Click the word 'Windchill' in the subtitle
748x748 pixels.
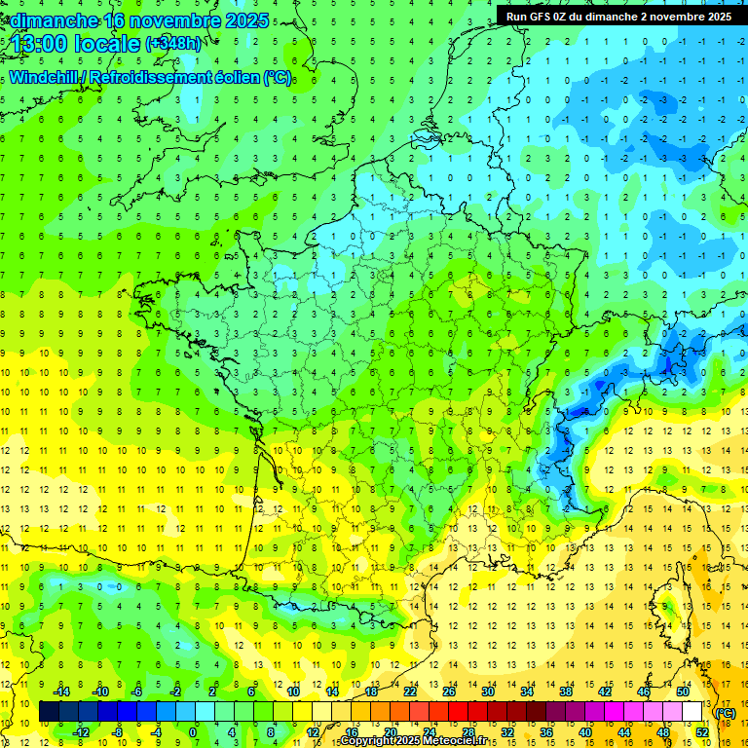45,77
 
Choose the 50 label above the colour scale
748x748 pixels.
682,692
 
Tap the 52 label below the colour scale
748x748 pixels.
701,732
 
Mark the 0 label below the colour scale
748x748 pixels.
194,732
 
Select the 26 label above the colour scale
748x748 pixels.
448,692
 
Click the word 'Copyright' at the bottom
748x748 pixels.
366,741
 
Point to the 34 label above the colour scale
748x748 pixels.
526,692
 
